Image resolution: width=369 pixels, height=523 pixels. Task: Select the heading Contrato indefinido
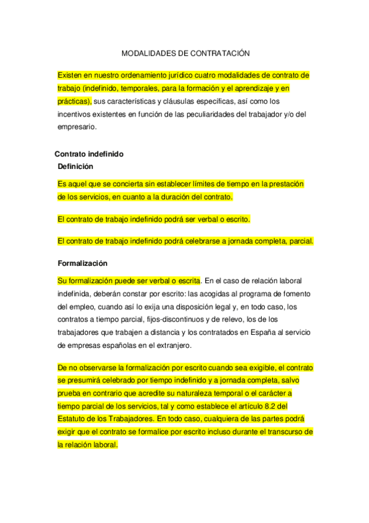click(89, 154)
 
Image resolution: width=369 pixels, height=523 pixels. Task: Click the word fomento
click(281, 293)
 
